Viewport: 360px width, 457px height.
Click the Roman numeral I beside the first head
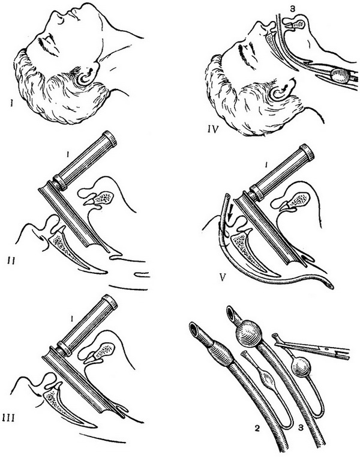tap(11, 103)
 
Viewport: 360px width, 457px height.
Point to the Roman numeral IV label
tap(213, 129)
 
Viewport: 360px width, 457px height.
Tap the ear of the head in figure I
tap(86, 76)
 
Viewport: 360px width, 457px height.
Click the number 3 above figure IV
tap(293, 9)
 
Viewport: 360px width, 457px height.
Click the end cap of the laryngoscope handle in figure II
tap(110, 139)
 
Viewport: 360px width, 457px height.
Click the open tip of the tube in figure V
tap(330, 286)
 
